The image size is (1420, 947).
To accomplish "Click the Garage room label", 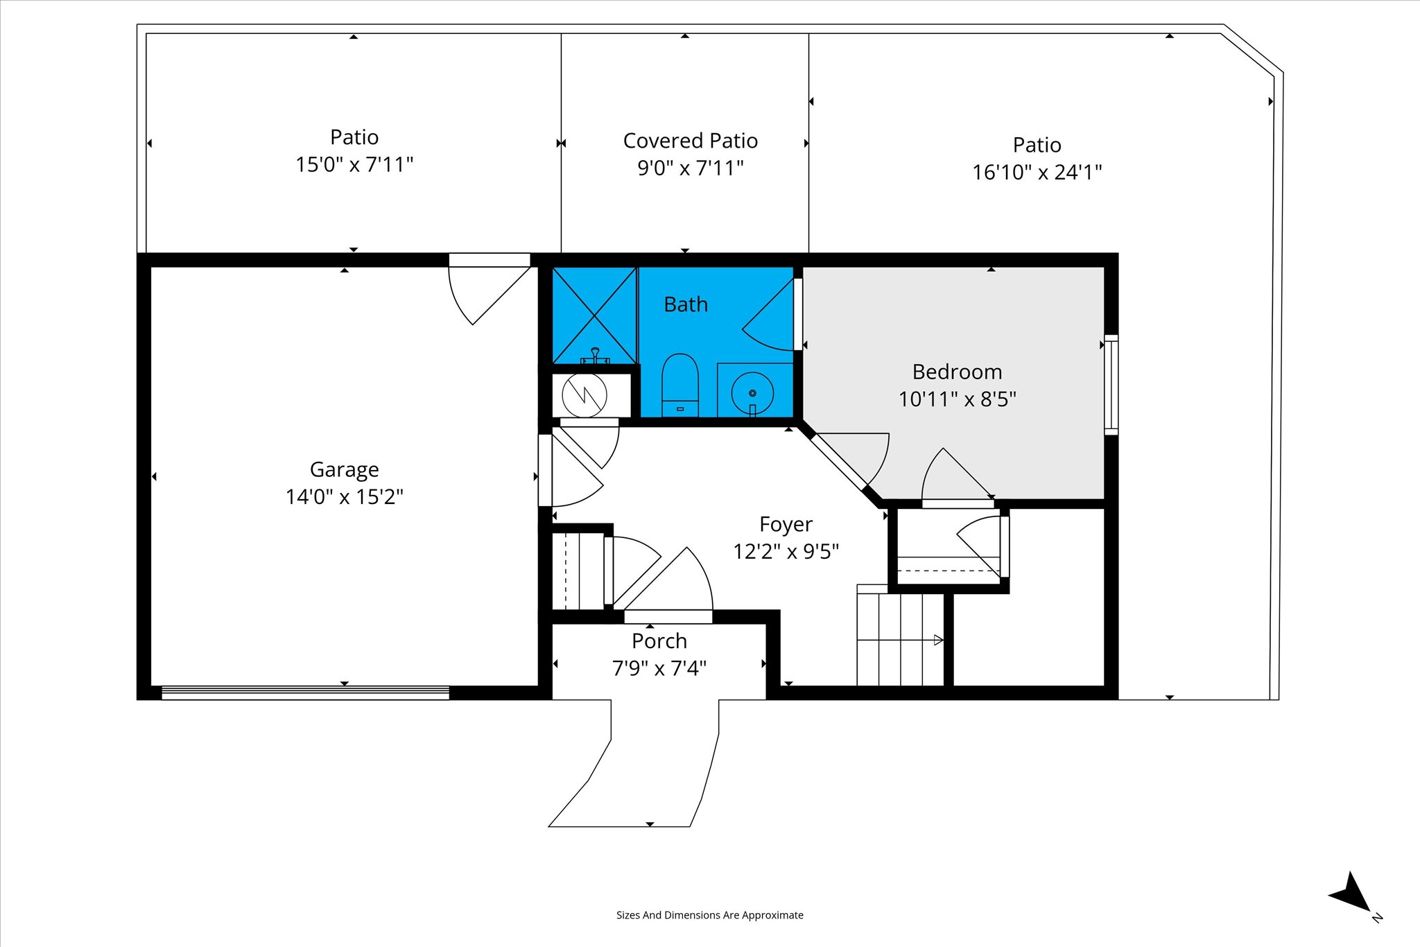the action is coord(345,470).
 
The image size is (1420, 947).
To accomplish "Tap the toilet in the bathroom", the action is coord(679,385).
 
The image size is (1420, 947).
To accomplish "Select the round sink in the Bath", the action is coord(752,394).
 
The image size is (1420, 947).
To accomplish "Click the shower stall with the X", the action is coord(594,315).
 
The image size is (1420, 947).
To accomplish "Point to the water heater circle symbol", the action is coord(585,395).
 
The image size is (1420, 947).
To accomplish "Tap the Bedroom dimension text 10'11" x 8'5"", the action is coord(958,399).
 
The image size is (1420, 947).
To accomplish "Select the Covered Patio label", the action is coord(691,141).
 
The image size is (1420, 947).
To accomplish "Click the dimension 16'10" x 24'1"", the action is coord(1037,172).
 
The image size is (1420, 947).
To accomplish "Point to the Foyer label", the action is coord(786,525).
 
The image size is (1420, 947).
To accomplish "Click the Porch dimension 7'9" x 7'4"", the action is coord(659,668).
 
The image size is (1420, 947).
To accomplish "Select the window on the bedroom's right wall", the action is coord(1111,385).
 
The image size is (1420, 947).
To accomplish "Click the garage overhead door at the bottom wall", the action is coord(305,692).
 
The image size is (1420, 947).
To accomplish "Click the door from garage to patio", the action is coord(490,288).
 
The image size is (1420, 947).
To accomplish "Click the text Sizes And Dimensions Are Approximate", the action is coord(710,915).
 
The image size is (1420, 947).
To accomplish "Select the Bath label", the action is coord(686,304).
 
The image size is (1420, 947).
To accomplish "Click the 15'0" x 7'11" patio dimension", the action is coord(354,165).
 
